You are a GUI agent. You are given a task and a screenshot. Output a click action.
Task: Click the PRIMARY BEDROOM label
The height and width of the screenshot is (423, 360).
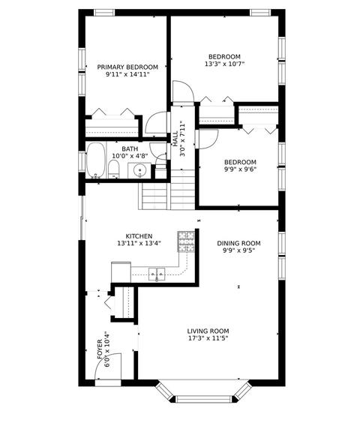click(x=127, y=67)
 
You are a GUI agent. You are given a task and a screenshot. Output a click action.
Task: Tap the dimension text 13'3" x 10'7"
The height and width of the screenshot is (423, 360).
click(x=224, y=64)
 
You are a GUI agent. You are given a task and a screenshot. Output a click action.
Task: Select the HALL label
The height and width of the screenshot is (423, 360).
click(x=175, y=139)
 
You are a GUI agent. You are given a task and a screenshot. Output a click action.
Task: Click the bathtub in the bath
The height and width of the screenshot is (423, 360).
click(x=95, y=160)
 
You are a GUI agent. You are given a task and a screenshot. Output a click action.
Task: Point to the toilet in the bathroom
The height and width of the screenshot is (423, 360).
click(x=113, y=169)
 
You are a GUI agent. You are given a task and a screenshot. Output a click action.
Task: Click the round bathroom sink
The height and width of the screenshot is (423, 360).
click(x=139, y=170)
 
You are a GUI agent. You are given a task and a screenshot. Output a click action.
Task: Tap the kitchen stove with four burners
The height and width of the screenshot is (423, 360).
click(x=186, y=241)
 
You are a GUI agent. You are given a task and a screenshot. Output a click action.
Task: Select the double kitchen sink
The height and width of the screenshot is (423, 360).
click(x=157, y=274)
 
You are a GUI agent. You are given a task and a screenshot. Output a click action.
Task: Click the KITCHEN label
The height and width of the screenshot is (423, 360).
click(x=139, y=236)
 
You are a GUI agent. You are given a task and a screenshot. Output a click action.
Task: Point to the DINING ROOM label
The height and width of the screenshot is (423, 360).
click(x=238, y=243)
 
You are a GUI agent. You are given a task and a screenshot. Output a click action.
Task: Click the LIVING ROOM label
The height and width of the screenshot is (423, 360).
click(x=208, y=331)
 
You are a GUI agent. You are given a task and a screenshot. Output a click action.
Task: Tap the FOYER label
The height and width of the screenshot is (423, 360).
click(x=100, y=349)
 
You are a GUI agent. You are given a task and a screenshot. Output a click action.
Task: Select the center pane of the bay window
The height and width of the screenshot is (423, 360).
click(x=204, y=399)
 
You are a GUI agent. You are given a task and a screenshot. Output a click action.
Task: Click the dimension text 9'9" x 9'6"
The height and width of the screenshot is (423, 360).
click(x=240, y=169)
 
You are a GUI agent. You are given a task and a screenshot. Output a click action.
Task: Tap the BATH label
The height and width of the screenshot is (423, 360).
click(x=130, y=149)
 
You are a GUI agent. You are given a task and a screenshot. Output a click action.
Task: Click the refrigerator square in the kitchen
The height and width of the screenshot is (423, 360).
click(x=121, y=272)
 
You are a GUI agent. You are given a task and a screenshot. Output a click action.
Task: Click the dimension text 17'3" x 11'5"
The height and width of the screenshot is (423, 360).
click(x=208, y=338)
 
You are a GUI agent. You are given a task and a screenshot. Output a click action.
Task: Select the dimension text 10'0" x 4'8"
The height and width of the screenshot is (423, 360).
click(x=130, y=156)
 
